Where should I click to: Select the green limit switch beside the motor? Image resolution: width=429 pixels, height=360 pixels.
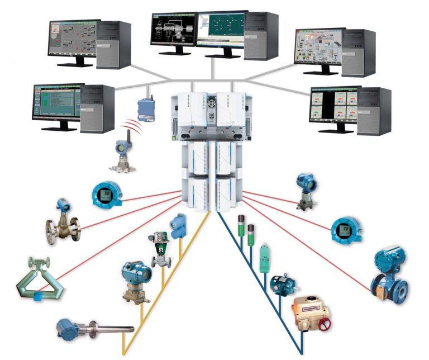[x=264, y=258]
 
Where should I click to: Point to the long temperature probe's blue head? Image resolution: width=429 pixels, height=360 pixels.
[x=66, y=328]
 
